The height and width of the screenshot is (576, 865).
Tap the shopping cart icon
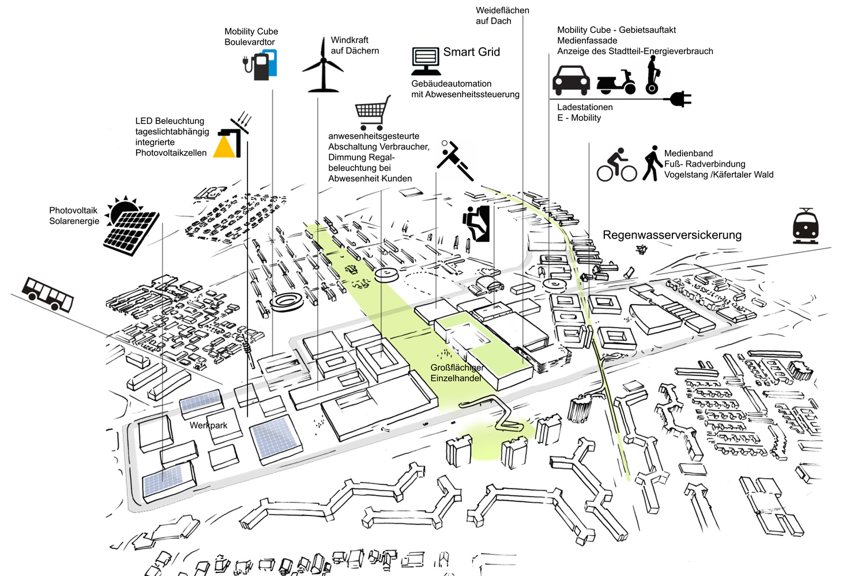pyautogui.click(x=372, y=112)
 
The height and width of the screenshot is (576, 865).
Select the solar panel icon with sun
pyautogui.click(x=132, y=226)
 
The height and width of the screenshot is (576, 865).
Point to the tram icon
pyautogui.click(x=806, y=226)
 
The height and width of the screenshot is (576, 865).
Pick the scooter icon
pyautogui.click(x=616, y=82)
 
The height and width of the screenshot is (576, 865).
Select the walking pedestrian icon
pyautogui.click(x=652, y=163)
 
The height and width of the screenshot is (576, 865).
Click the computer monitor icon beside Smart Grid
pyautogui.click(x=426, y=61)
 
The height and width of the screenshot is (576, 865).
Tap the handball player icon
pyautogui.click(x=455, y=160)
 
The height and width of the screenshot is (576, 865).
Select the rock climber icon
pyautogui.click(x=476, y=223)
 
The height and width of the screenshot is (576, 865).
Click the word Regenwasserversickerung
pyautogui.click(x=672, y=235)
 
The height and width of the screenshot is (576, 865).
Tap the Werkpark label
pyautogui.click(x=208, y=425)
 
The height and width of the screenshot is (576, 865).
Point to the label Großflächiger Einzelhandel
pyautogui.click(x=456, y=373)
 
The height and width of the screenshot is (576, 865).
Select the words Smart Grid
pyautogui.click(x=471, y=52)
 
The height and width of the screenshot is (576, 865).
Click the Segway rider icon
pyautogui.click(x=652, y=75)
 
